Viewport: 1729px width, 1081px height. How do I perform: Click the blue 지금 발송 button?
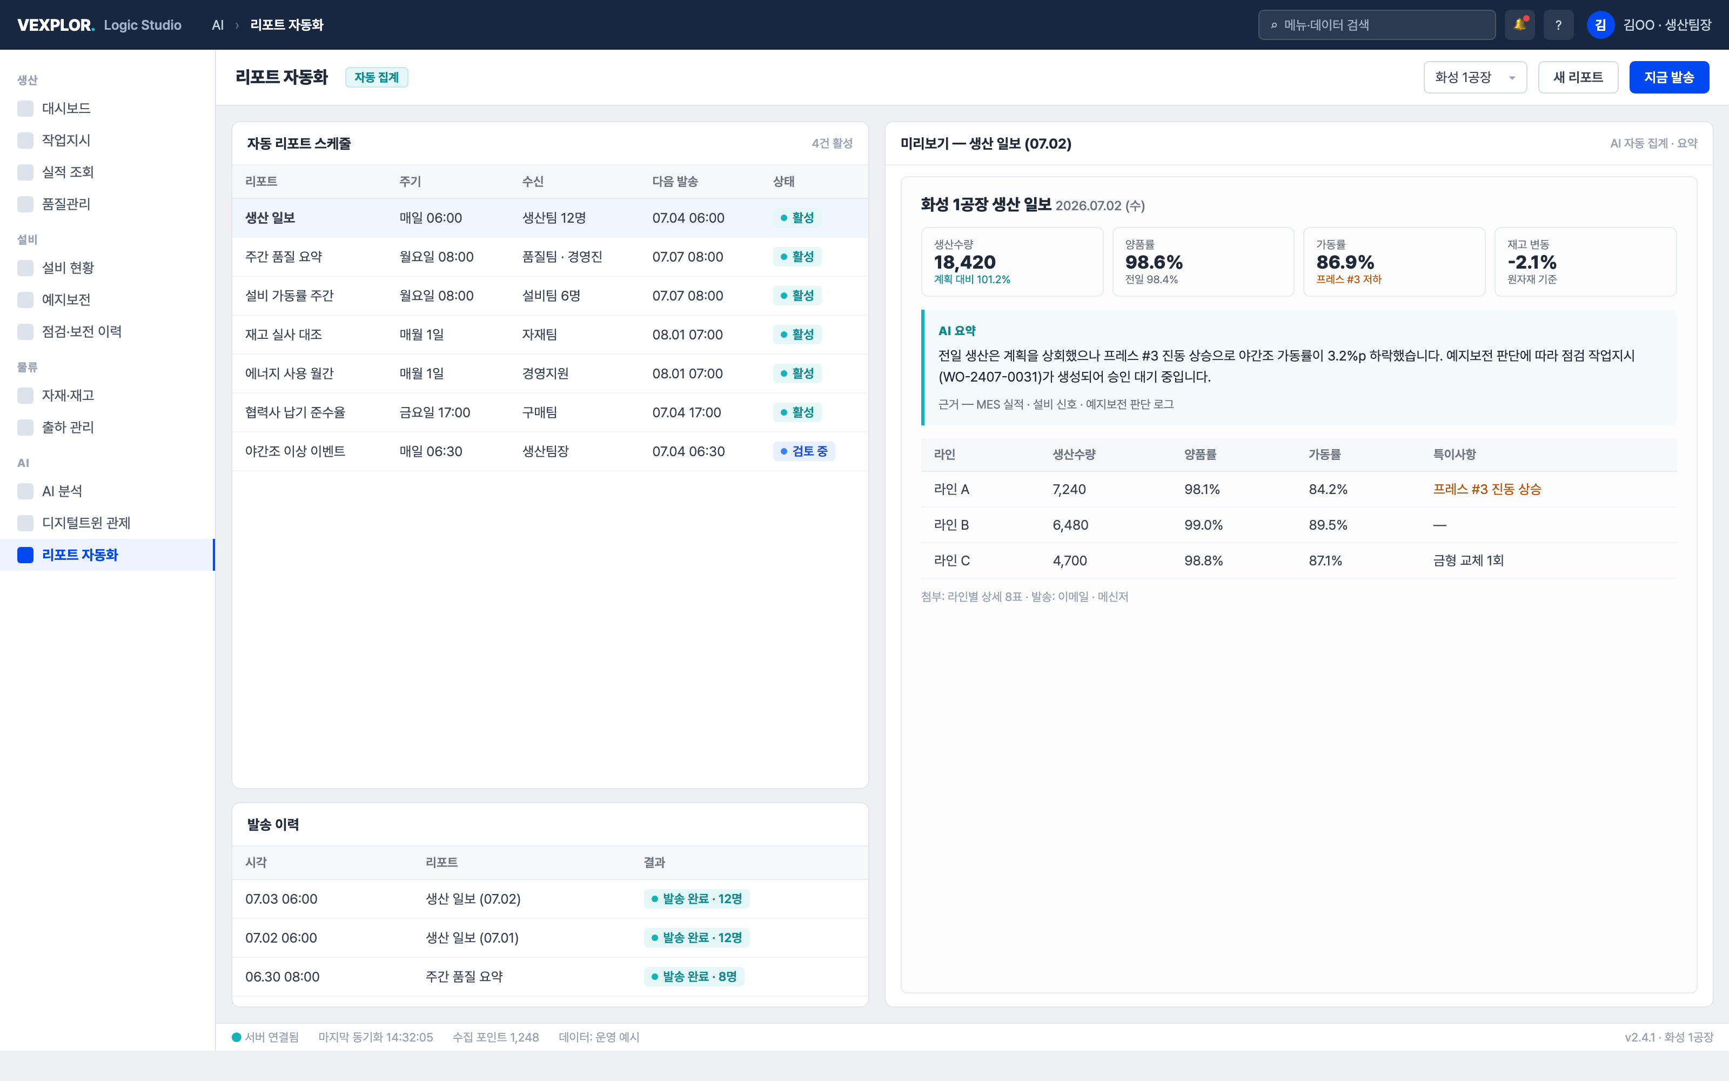(x=1668, y=77)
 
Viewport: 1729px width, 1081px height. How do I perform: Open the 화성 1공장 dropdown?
(x=1475, y=77)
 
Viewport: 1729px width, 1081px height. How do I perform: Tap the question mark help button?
(x=1558, y=25)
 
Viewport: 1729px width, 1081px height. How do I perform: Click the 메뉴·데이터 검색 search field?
(x=1377, y=25)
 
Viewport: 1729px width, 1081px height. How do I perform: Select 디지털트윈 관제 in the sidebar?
(x=86, y=523)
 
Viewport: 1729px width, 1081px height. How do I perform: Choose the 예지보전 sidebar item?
(x=66, y=299)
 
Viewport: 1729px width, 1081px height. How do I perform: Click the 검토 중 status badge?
(x=804, y=451)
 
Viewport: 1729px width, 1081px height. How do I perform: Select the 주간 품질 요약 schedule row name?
(x=284, y=257)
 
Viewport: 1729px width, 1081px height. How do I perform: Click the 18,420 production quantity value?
(x=964, y=262)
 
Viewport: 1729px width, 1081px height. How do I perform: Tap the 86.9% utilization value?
(x=1345, y=262)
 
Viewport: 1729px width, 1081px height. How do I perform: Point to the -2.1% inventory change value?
(x=1532, y=262)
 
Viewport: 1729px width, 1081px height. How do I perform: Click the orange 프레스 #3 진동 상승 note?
(x=1487, y=489)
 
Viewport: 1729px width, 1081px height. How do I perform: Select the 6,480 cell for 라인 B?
(x=1070, y=525)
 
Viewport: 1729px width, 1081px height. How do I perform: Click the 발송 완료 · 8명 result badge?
(x=694, y=977)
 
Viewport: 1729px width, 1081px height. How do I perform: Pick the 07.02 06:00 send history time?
(x=281, y=938)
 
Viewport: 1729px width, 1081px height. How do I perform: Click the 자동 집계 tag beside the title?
(x=377, y=77)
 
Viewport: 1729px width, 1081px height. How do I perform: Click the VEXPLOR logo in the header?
(x=56, y=25)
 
